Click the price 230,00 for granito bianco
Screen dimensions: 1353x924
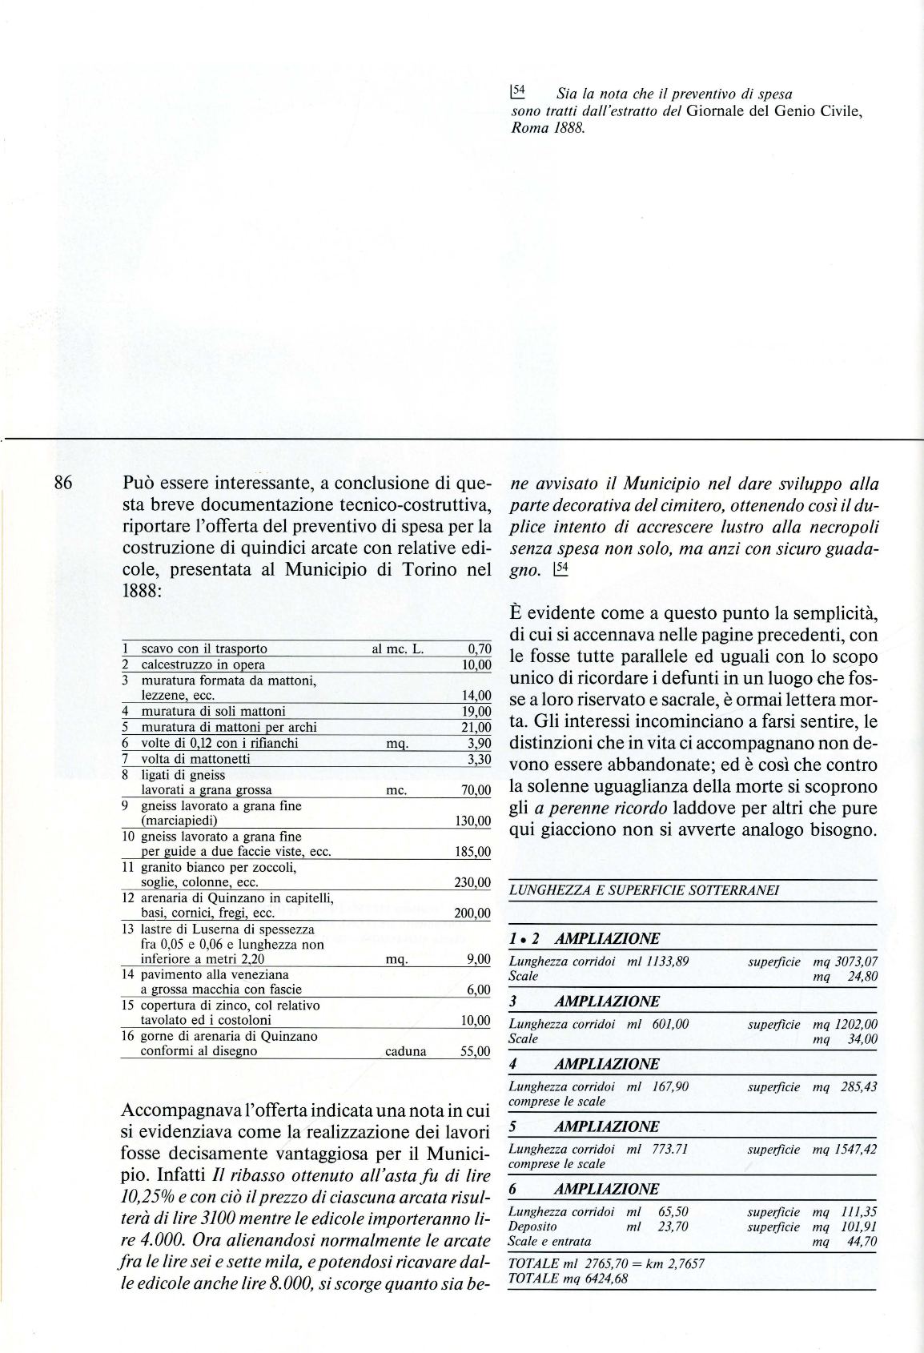point(472,882)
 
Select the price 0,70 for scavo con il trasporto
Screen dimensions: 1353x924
point(478,649)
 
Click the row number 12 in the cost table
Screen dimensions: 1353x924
point(127,898)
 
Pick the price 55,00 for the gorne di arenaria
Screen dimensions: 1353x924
point(475,1051)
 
